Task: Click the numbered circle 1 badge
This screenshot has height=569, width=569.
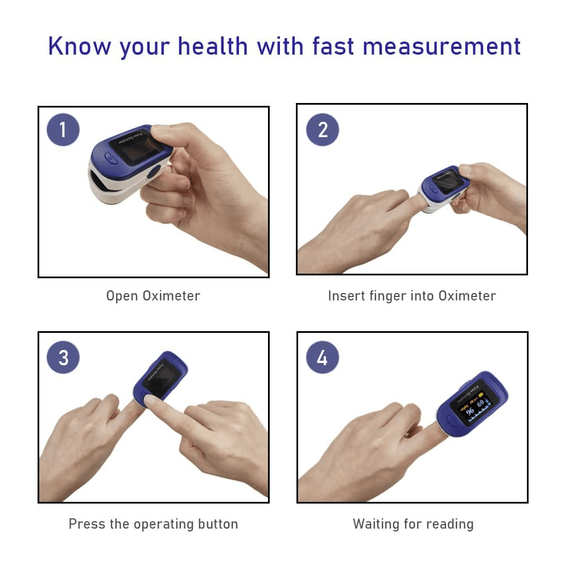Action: (x=63, y=130)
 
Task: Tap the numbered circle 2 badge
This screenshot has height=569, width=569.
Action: (x=323, y=130)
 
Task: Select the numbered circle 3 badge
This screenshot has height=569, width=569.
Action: (x=63, y=358)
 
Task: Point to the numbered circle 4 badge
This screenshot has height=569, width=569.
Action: (x=323, y=358)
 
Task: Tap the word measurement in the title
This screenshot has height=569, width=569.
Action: (x=442, y=46)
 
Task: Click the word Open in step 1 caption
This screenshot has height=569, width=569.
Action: (x=122, y=296)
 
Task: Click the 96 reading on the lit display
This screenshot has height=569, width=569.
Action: (x=469, y=411)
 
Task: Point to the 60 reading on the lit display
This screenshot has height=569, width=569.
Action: (x=481, y=404)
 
